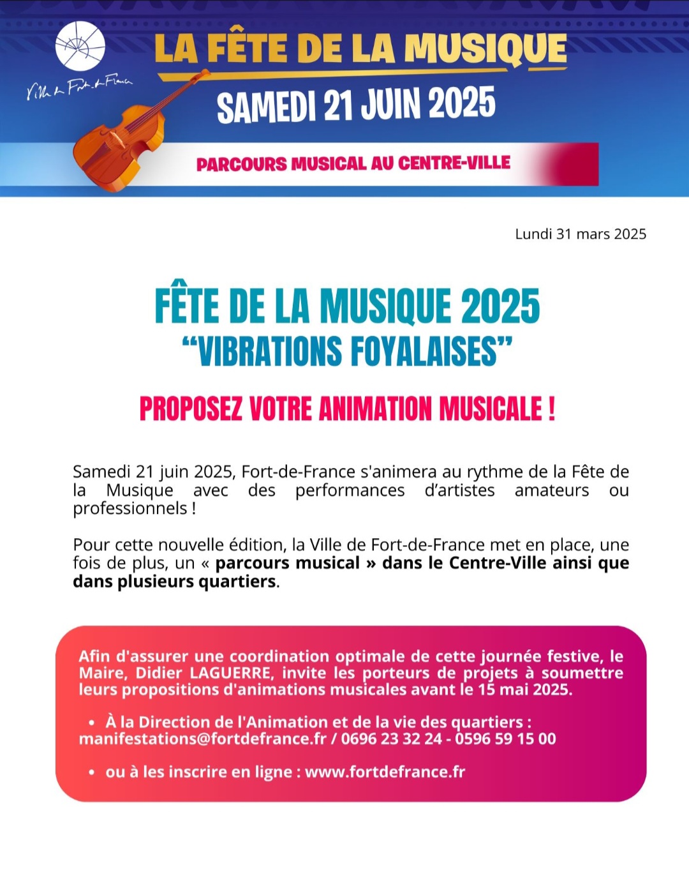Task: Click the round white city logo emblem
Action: [80, 45]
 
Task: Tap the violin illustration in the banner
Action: [121, 137]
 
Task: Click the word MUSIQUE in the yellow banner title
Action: [485, 49]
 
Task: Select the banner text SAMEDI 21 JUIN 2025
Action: [355, 105]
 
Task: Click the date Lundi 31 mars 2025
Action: [581, 234]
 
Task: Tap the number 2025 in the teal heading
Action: [500, 306]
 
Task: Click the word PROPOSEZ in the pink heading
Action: [191, 409]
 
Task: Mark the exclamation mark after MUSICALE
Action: [551, 409]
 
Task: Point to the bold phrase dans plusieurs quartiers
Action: [174, 582]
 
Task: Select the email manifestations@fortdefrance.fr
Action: [202, 739]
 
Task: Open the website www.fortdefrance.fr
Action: [385, 772]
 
